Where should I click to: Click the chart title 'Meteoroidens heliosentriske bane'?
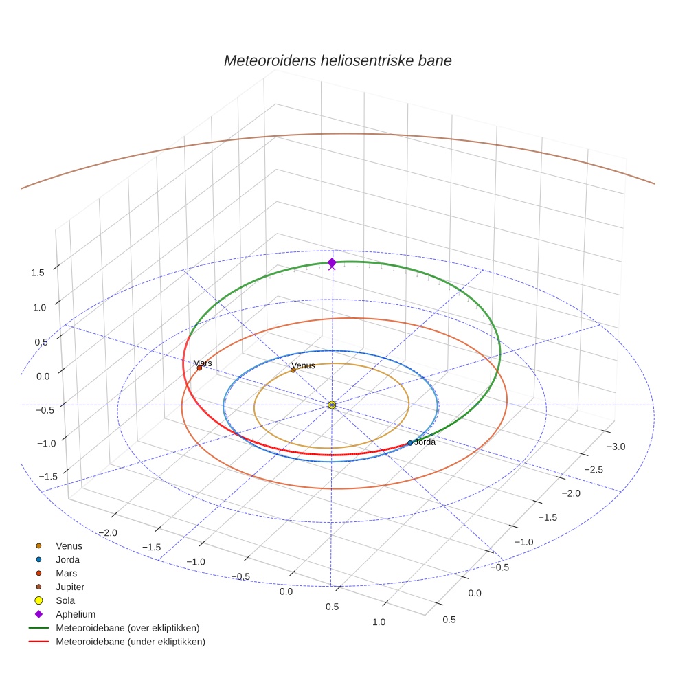[337, 60]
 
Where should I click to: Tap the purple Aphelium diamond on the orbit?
[332, 262]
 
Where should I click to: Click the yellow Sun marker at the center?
[332, 405]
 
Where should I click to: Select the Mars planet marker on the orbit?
[199, 368]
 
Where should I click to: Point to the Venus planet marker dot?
[293, 370]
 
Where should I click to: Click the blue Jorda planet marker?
[410, 443]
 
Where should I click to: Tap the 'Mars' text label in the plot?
[203, 363]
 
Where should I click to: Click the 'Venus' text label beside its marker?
[303, 365]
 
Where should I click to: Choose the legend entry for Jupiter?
[70, 587]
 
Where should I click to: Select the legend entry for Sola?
[67, 600]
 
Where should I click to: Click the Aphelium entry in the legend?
[76, 614]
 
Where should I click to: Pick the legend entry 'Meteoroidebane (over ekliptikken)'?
[127, 628]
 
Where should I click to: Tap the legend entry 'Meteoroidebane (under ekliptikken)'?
[131, 642]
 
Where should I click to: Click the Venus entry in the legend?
[69, 545]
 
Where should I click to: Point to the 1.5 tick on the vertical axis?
[38, 273]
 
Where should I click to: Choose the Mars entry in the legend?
[67, 573]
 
